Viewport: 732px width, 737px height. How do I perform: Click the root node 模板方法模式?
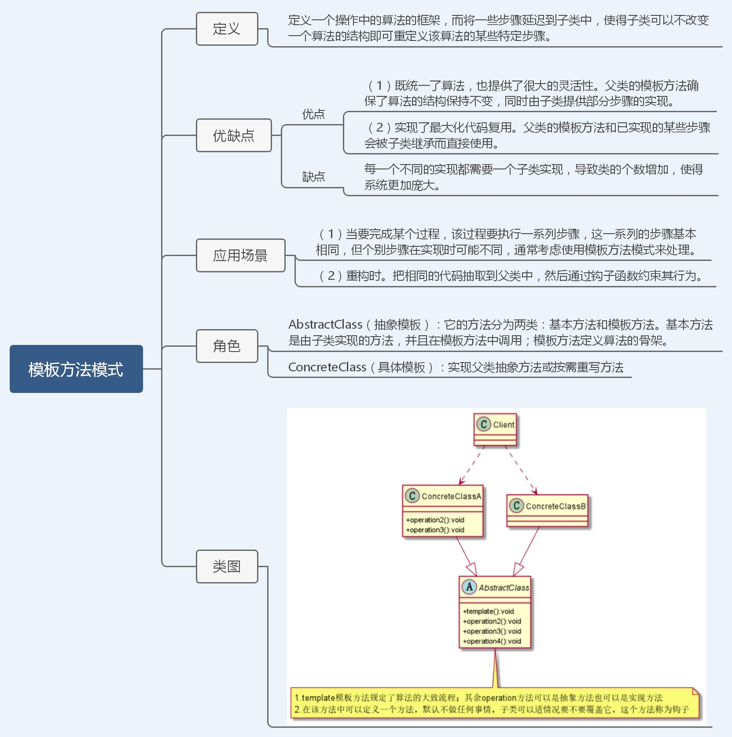click(x=76, y=369)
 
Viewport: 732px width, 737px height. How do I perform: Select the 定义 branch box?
click(x=227, y=29)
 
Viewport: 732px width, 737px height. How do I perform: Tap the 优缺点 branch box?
click(x=234, y=136)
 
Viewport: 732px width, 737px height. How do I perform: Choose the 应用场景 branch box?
click(x=240, y=255)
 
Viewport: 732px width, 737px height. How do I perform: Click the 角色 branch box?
click(x=227, y=346)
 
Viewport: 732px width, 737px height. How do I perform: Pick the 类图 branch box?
click(x=227, y=566)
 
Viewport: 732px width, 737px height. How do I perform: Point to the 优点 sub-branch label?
click(x=313, y=114)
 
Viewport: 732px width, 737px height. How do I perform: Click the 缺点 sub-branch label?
click(x=313, y=176)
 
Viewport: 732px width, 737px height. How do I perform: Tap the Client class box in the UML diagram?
click(x=495, y=429)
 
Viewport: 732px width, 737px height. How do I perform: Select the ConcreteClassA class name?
click(x=451, y=496)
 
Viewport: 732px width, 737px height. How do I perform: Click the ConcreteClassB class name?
click(x=555, y=506)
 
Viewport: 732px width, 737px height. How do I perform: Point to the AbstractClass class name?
click(x=504, y=588)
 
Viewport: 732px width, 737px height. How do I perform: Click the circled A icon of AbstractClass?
click(x=469, y=587)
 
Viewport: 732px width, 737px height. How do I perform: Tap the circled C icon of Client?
click(x=483, y=424)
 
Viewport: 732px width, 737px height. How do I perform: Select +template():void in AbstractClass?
click(x=489, y=611)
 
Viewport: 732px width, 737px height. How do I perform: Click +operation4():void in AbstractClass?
click(x=492, y=641)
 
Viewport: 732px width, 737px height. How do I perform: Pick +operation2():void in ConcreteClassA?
click(x=435, y=520)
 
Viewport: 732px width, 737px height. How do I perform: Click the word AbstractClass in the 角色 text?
click(x=325, y=325)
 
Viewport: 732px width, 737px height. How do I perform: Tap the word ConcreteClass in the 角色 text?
click(x=327, y=367)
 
